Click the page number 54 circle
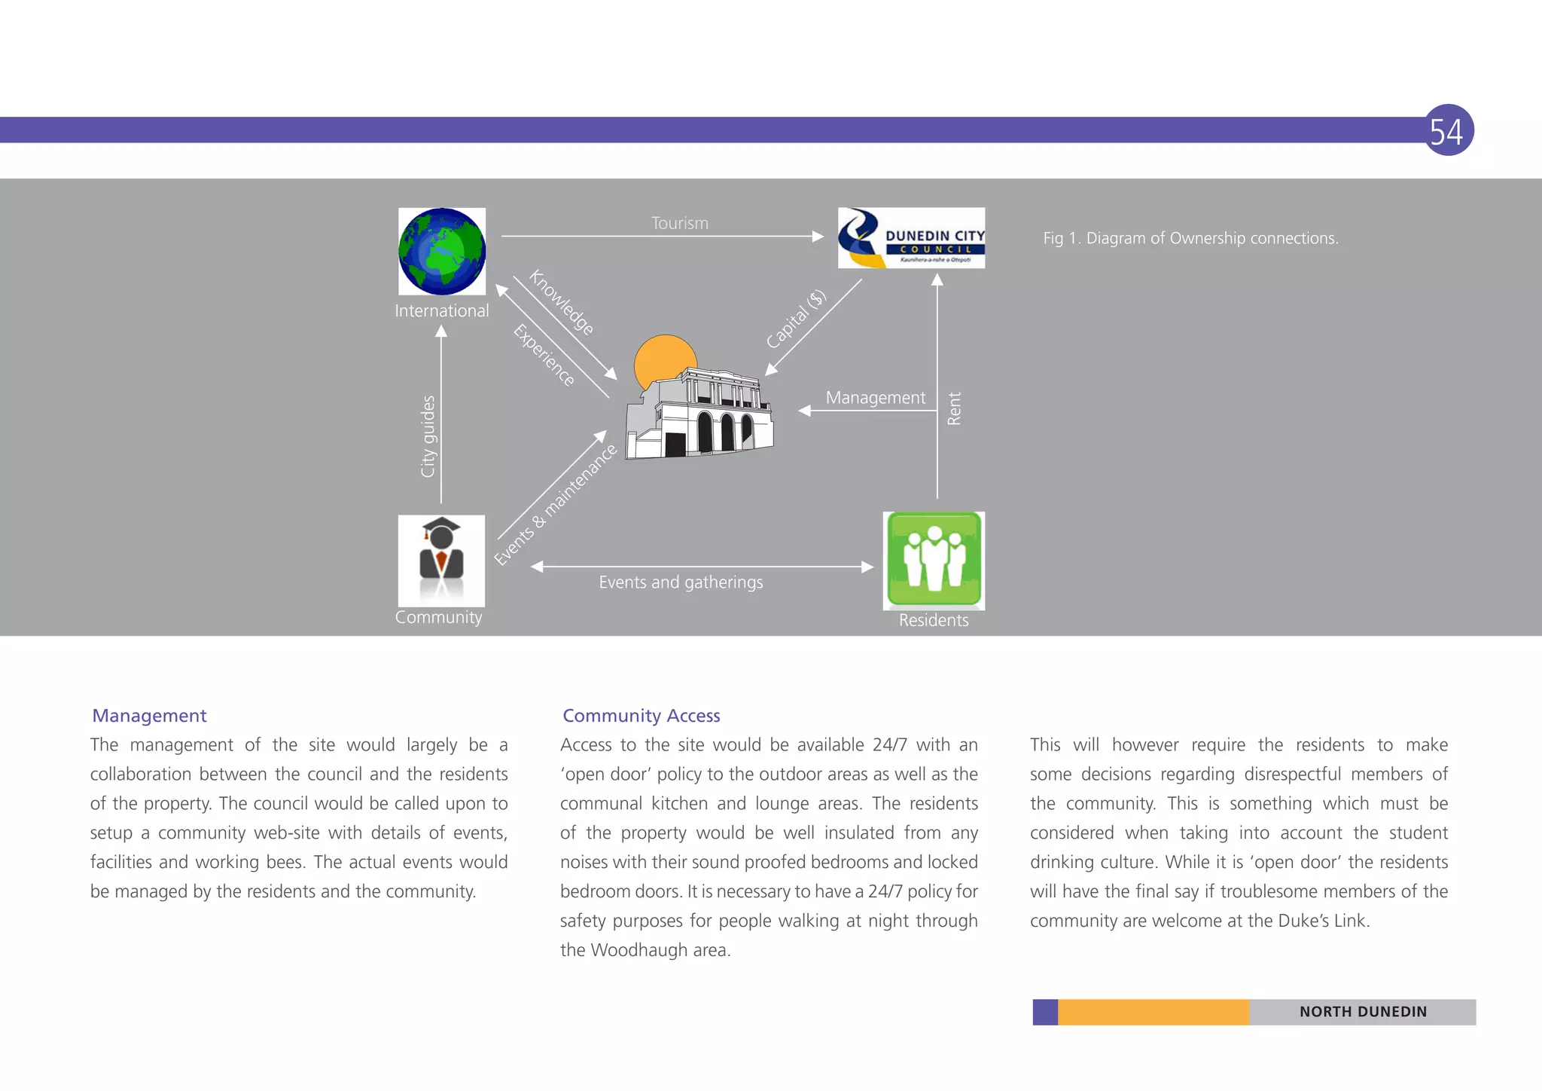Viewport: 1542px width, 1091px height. pyautogui.click(x=1447, y=130)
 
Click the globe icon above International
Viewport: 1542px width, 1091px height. pyautogui.click(x=442, y=251)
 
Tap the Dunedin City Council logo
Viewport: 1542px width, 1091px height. pyautogui.click(x=911, y=238)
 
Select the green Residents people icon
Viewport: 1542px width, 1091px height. pyautogui.click(x=934, y=560)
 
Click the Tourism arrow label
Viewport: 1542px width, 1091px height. pyautogui.click(x=679, y=223)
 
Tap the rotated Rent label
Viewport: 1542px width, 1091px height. pyautogui.click(x=954, y=408)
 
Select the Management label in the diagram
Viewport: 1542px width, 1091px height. pyautogui.click(x=875, y=397)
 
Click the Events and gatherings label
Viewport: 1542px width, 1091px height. pyautogui.click(x=681, y=582)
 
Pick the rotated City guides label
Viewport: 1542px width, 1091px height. pyautogui.click(x=428, y=436)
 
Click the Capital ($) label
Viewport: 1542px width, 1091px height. pyautogui.click(x=796, y=319)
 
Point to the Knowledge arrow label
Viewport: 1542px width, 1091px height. pyautogui.click(x=562, y=302)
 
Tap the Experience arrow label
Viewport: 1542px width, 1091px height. pyautogui.click(x=544, y=355)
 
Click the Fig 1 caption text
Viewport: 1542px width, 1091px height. pyautogui.click(x=1190, y=238)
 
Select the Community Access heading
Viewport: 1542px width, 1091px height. pyautogui.click(x=641, y=715)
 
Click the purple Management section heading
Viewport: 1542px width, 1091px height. pyautogui.click(x=149, y=715)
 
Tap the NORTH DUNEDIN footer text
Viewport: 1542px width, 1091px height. pyautogui.click(x=1363, y=1011)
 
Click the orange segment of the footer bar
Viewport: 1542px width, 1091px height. pyautogui.click(x=1153, y=1012)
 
